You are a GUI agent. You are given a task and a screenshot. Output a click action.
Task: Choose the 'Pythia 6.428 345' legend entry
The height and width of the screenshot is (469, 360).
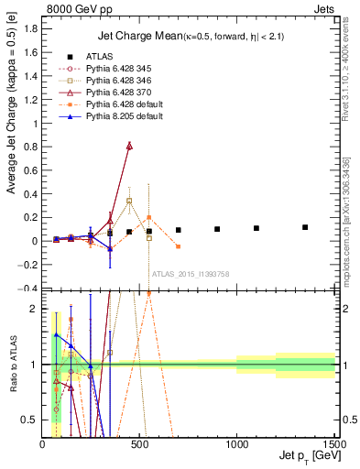pyautogui.click(x=120, y=70)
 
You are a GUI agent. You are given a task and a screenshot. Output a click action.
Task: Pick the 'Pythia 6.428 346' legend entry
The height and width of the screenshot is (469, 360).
pyautogui.click(x=120, y=82)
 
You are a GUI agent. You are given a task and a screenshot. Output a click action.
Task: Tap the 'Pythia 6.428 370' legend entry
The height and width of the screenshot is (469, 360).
pyautogui.click(x=120, y=94)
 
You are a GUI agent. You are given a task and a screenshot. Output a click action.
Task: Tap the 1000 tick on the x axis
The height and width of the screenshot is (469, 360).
pyautogui.click(x=236, y=444)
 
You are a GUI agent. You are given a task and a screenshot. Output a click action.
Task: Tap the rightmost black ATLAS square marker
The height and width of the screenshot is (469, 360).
pyautogui.click(x=305, y=226)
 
